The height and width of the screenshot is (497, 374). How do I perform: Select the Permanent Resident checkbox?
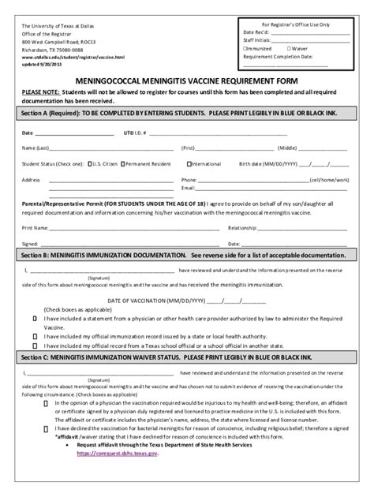(x=136, y=163)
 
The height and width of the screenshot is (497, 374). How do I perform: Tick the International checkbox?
(x=187, y=163)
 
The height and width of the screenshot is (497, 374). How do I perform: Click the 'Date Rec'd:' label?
(x=257, y=33)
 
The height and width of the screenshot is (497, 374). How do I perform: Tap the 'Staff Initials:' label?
(x=260, y=40)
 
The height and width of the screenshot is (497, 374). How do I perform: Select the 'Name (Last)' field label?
(x=36, y=148)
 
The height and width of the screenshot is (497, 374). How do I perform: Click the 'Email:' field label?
(x=187, y=188)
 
